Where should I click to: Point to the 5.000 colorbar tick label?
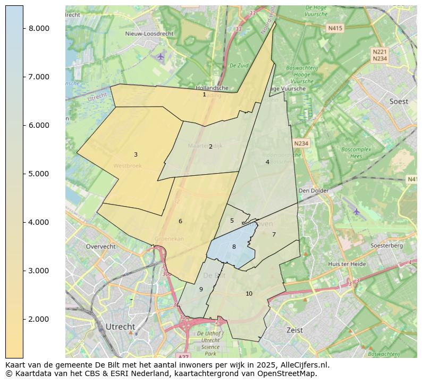point(39,174)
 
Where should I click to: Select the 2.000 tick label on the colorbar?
point(39,319)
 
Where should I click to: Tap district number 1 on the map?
point(204,94)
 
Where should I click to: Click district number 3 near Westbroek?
point(136,155)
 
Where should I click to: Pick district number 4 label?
point(267,162)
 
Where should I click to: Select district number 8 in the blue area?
point(234,247)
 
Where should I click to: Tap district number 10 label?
point(249,294)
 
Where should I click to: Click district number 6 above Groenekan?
point(180,221)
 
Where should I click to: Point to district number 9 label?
point(201,289)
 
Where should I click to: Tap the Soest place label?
point(399,101)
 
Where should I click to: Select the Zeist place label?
point(294,330)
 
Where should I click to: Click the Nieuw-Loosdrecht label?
point(149,34)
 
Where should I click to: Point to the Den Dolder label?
point(314,190)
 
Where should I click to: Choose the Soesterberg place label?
point(386,246)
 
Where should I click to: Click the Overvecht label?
point(100,247)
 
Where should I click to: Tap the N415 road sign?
point(335,28)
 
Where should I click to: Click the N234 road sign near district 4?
point(301,143)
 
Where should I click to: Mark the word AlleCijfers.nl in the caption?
point(304,365)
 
